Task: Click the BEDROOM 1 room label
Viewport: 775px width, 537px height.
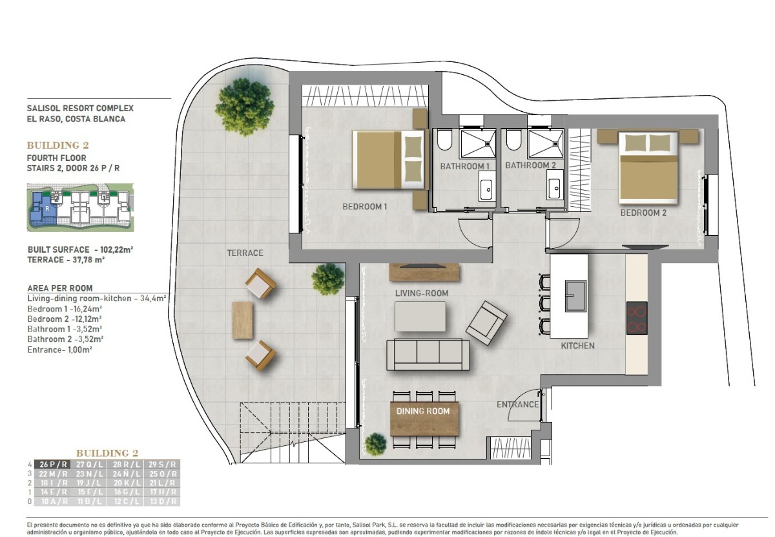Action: pyautogui.click(x=364, y=207)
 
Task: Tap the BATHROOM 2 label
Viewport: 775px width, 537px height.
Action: pyautogui.click(x=531, y=165)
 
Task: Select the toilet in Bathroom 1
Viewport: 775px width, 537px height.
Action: pyautogui.click(x=445, y=140)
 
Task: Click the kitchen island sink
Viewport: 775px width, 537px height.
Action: pyautogui.click(x=575, y=295)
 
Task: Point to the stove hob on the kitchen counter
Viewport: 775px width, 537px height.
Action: pyautogui.click(x=636, y=317)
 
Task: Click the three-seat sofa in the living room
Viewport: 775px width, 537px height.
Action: pyautogui.click(x=428, y=353)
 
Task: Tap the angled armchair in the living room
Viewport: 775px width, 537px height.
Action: pyautogui.click(x=486, y=322)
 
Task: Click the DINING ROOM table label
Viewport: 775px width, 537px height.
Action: pyautogui.click(x=423, y=411)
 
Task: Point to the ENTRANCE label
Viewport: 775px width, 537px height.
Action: pyautogui.click(x=517, y=405)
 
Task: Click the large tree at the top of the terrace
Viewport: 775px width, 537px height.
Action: pyautogui.click(x=245, y=106)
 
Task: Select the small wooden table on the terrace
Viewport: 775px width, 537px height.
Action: pyautogui.click(x=243, y=320)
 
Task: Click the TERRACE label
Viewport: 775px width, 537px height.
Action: pyautogui.click(x=245, y=253)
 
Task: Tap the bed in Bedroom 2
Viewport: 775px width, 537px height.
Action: pyautogui.click(x=648, y=167)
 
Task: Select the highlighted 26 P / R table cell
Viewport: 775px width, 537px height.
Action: pyautogui.click(x=53, y=464)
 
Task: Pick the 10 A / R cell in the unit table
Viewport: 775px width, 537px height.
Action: pyautogui.click(x=53, y=501)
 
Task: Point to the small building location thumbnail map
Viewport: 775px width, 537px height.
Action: pyautogui.click(x=80, y=207)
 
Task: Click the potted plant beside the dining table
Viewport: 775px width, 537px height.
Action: pyautogui.click(x=375, y=445)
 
